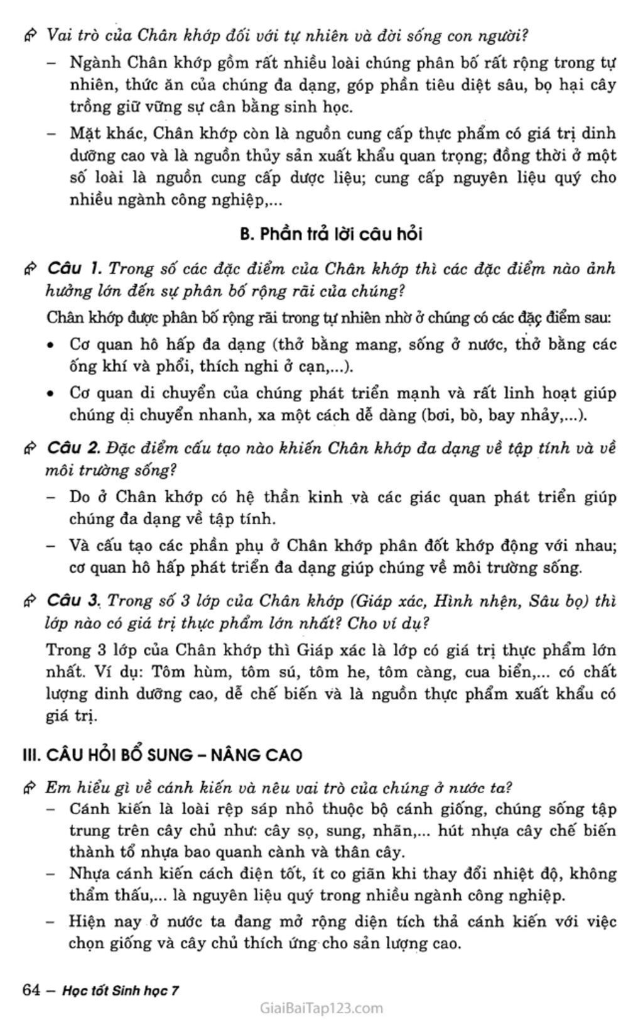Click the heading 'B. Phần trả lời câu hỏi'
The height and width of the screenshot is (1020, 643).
pyautogui.click(x=331, y=234)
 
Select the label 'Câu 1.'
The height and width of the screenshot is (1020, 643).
pyautogui.click(x=74, y=269)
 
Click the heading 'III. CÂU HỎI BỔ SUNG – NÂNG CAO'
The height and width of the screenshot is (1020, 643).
pyautogui.click(x=162, y=755)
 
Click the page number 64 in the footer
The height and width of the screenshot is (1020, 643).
pyautogui.click(x=31, y=990)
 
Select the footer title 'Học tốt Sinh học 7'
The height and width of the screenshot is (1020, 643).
pyautogui.click(x=121, y=990)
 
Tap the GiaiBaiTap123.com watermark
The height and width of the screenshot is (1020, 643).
pyautogui.click(x=321, y=1008)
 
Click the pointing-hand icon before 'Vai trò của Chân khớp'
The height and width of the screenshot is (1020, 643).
pyautogui.click(x=30, y=35)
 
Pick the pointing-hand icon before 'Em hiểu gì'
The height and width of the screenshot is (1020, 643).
pyautogui.click(x=30, y=787)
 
